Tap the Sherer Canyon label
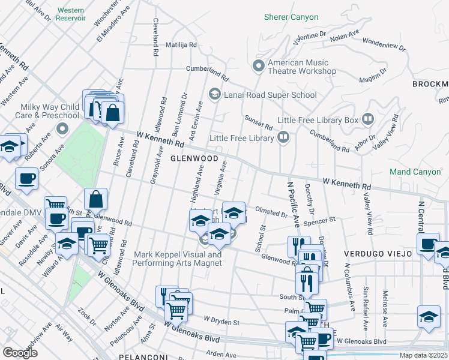pos(291,17)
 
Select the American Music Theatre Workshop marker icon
pos(259,65)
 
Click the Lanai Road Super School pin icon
pos(214,94)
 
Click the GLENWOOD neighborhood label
pos(194,158)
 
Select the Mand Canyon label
pos(415,172)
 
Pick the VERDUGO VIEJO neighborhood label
pos(378,254)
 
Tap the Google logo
pos(20,352)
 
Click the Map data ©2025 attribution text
pos(424,355)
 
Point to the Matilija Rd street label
pos(173,45)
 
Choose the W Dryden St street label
pos(221,322)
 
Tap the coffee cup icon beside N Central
pos(429,244)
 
